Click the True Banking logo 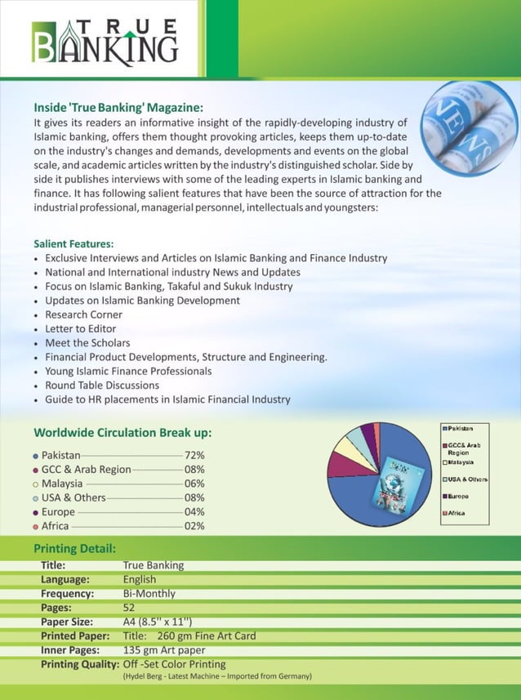click(x=104, y=41)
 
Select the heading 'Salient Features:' click(x=73, y=243)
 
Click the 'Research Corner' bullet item click(x=83, y=314)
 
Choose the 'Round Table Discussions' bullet click(x=102, y=386)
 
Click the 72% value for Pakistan click(x=194, y=455)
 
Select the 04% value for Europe click(x=194, y=511)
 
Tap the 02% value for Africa click(x=194, y=526)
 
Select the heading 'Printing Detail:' click(x=74, y=547)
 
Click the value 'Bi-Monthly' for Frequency click(x=149, y=594)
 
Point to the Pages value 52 click(x=129, y=608)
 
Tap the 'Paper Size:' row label click(x=69, y=622)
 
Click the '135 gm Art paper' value click(x=164, y=650)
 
